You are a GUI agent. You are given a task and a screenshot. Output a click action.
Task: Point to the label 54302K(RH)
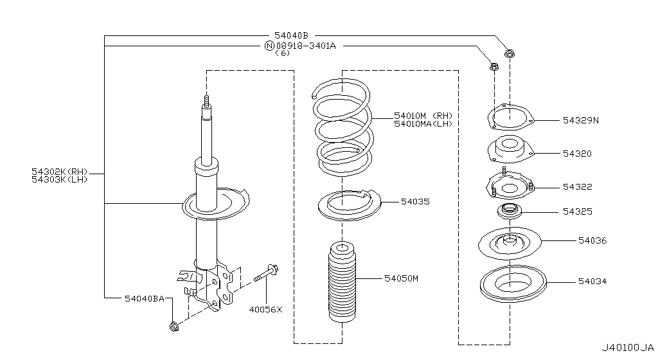[59, 172]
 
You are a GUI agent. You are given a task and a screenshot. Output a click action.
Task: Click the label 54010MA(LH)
[423, 123]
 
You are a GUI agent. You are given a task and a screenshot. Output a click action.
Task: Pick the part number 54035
[415, 202]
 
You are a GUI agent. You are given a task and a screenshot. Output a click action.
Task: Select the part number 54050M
[402, 278]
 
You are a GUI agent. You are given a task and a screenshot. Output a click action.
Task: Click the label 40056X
[266, 309]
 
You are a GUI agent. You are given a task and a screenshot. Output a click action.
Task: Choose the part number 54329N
[580, 120]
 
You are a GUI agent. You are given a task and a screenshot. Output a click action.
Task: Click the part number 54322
[577, 187]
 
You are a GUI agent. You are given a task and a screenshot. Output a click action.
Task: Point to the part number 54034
[592, 282]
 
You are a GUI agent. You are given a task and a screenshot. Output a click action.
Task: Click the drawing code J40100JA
[628, 348]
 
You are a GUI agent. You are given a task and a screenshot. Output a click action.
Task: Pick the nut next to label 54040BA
[174, 327]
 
